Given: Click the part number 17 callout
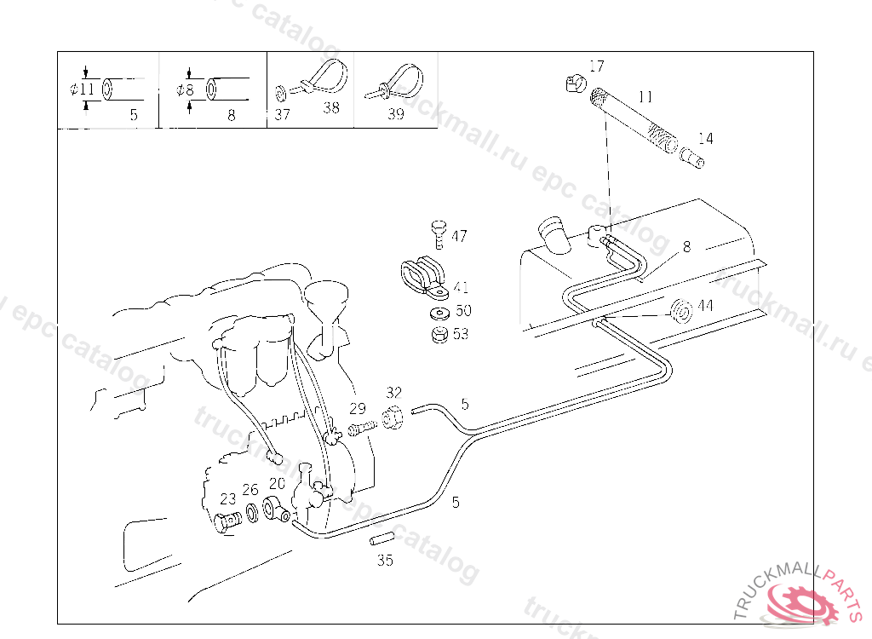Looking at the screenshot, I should tap(596, 66).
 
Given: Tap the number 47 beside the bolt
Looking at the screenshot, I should tap(459, 236).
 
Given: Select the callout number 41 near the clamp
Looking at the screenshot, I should tap(461, 288).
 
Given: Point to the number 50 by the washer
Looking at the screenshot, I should tap(462, 311).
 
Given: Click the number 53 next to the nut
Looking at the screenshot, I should tap(461, 334).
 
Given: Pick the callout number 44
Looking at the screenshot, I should tap(705, 305).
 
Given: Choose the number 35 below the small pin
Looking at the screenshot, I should tap(385, 561).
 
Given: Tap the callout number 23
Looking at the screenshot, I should tap(227, 499).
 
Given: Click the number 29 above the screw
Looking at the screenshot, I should tap(357, 408).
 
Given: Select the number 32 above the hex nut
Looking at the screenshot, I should tap(393, 393).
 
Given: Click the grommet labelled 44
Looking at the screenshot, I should tap(680, 312).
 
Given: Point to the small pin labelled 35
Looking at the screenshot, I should tap(381, 538).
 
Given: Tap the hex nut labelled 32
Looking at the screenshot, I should tap(394, 420).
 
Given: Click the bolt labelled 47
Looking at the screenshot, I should tap(438, 232).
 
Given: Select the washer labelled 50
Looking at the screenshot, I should tap(439, 313).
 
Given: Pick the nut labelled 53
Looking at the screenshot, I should tap(439, 334).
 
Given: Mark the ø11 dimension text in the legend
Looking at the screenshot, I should tap(83, 89).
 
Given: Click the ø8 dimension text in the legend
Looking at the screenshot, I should tap(186, 89).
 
